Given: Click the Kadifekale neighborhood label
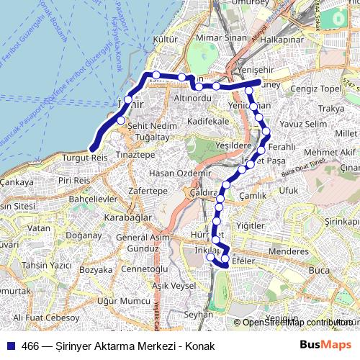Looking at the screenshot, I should (x=208, y=122).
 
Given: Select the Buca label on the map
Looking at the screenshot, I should (x=318, y=270).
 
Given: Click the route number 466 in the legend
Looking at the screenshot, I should (x=31, y=346).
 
